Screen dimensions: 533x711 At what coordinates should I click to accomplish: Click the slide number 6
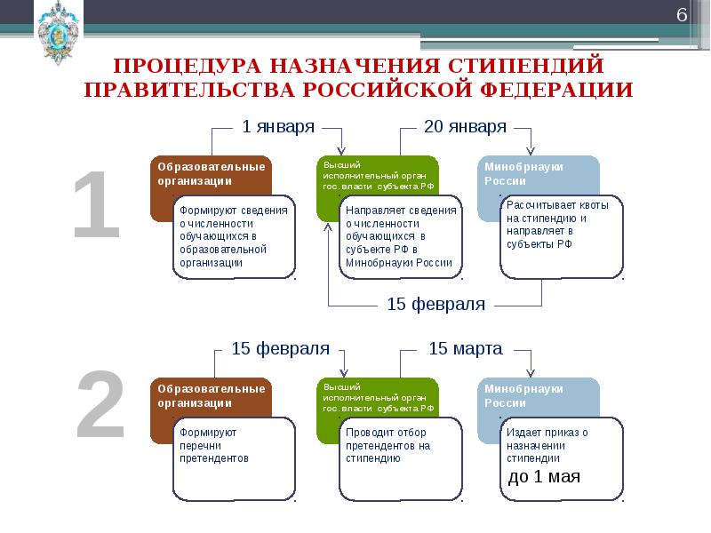(x=682, y=15)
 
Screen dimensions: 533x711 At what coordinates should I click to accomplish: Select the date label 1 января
(x=278, y=126)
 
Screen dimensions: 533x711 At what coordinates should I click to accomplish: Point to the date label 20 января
(x=465, y=126)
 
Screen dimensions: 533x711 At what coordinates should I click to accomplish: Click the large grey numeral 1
(x=96, y=206)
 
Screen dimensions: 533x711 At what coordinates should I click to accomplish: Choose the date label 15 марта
(x=465, y=348)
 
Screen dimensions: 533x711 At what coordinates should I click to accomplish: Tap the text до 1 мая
(x=544, y=476)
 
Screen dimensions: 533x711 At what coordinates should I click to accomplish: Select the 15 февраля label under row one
(x=435, y=305)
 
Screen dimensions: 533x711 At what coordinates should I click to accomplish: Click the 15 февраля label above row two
(x=280, y=348)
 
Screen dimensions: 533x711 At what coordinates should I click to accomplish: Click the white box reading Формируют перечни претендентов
(x=234, y=458)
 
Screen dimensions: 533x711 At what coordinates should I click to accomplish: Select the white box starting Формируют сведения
(x=234, y=236)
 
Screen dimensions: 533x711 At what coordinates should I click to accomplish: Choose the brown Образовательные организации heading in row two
(x=211, y=395)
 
